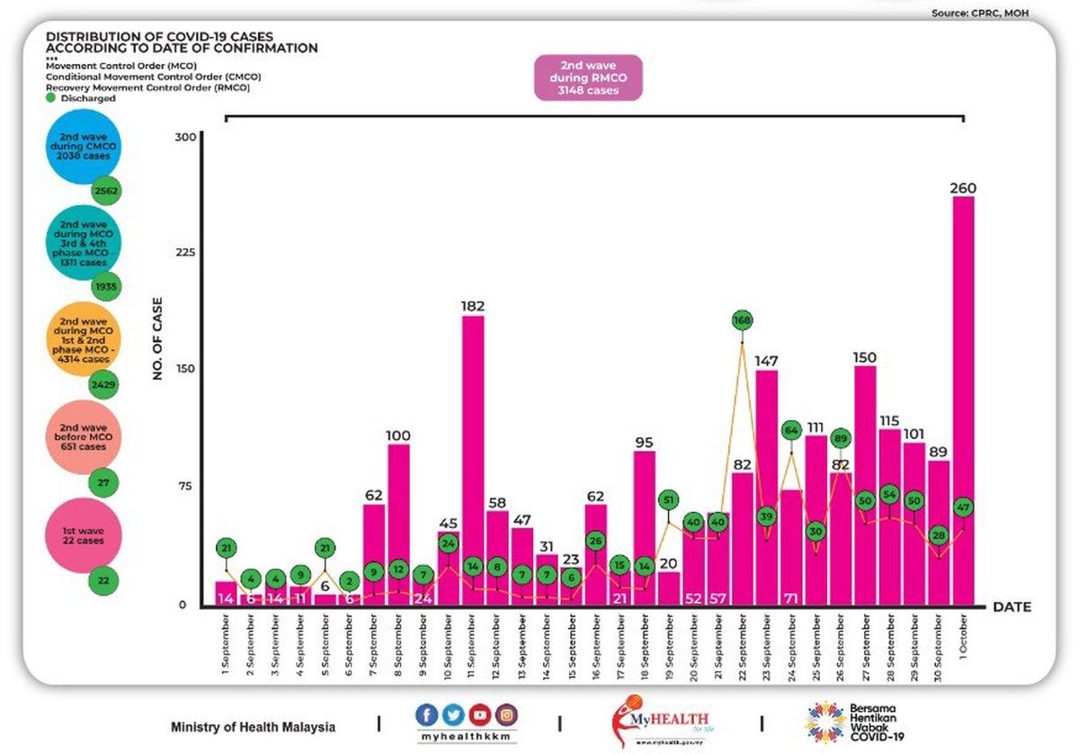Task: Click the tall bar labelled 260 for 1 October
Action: tap(963, 400)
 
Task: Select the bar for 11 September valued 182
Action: tap(473, 459)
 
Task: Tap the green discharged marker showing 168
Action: tap(742, 320)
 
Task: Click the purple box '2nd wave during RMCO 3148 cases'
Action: tap(589, 76)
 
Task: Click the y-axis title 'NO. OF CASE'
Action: tap(157, 337)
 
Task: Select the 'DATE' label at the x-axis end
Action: tap(1012, 607)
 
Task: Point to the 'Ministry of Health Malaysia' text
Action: tap(253, 727)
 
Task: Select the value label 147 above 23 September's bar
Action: tap(766, 360)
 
